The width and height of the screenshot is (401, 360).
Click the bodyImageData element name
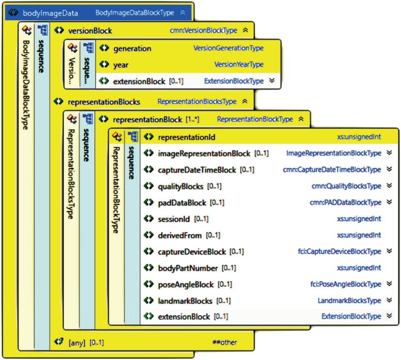(x=50, y=13)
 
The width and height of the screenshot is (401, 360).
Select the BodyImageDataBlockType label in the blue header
(x=135, y=13)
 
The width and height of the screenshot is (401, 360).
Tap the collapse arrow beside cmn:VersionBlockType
(x=245, y=30)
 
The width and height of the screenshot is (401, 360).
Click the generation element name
(x=132, y=49)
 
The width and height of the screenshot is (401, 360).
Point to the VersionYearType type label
(x=239, y=65)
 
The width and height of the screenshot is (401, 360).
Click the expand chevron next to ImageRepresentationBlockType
(x=389, y=153)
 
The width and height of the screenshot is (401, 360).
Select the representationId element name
(x=187, y=137)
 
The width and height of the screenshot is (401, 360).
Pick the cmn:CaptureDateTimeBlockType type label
(x=332, y=170)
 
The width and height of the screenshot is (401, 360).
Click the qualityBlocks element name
(x=181, y=186)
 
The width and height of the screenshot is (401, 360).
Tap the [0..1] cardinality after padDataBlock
(x=217, y=203)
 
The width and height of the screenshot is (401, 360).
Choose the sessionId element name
(x=174, y=219)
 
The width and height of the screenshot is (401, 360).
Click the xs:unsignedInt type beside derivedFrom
(x=359, y=235)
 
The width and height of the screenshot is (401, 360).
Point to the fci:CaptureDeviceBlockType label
(x=339, y=251)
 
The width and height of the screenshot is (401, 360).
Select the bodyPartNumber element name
(x=188, y=268)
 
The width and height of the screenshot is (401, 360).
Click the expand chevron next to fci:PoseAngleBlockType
(x=389, y=283)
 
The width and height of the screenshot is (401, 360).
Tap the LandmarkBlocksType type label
(x=349, y=301)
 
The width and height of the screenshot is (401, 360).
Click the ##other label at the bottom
(x=225, y=342)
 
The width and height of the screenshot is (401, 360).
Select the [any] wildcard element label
(x=77, y=342)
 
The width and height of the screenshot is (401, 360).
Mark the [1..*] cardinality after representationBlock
(x=192, y=119)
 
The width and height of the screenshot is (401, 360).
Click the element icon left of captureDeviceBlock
(x=148, y=251)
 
